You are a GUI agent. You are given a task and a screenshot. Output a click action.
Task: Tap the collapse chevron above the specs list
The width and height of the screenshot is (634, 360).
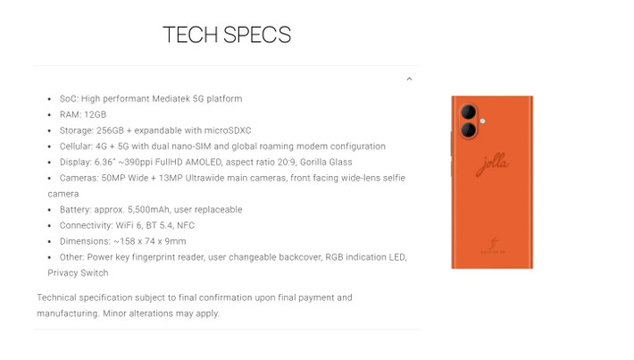(409, 80)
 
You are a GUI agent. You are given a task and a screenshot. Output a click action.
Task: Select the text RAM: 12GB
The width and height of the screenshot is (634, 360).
(82, 114)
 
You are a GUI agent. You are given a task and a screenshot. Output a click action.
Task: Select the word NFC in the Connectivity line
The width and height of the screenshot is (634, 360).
(184, 225)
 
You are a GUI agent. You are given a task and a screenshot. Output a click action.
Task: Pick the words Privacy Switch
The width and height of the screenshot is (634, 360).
(78, 272)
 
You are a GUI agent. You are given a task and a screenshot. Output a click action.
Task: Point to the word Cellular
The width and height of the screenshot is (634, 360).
(75, 146)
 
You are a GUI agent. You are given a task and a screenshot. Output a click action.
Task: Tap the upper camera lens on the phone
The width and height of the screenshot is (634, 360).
(467, 113)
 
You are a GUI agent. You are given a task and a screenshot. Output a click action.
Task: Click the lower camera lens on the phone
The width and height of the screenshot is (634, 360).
(467, 130)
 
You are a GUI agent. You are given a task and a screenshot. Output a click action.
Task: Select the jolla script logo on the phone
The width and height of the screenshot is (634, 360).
(492, 166)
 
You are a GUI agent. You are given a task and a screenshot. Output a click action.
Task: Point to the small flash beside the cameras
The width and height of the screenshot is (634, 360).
(481, 121)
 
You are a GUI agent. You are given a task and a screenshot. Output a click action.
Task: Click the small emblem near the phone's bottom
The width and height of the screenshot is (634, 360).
(492, 244)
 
